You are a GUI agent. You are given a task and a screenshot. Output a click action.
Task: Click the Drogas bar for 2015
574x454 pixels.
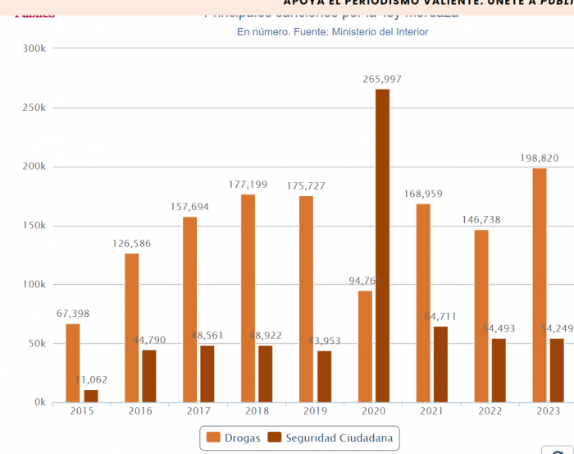point(73,363)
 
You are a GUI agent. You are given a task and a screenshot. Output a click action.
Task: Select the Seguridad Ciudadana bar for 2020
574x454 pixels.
point(383,245)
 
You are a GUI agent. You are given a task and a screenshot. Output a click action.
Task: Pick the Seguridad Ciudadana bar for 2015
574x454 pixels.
point(91,396)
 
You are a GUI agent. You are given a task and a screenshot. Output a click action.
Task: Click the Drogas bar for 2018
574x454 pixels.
point(248,298)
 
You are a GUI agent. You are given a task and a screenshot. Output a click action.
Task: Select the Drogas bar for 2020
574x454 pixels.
point(365,346)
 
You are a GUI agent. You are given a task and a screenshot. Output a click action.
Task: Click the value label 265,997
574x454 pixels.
point(383,79)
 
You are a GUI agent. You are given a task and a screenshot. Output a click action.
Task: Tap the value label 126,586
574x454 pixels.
point(132,244)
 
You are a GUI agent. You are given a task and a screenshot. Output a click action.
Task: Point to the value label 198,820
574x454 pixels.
point(540,158)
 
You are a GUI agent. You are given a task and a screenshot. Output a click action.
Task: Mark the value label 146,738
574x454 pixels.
point(481,220)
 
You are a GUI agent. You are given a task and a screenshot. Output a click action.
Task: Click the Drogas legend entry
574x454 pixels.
point(234,438)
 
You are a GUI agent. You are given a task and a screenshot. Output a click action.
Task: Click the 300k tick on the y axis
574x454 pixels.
point(34,48)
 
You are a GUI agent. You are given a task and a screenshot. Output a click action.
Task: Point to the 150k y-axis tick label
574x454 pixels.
point(34,226)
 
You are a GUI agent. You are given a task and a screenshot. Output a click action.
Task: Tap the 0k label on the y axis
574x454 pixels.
point(39,403)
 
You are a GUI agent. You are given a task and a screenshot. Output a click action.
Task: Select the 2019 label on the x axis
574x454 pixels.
point(316,410)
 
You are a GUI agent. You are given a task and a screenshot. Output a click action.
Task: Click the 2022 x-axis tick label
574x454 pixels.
point(490,410)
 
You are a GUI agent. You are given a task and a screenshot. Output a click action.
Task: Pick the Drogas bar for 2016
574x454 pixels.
point(131,328)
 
